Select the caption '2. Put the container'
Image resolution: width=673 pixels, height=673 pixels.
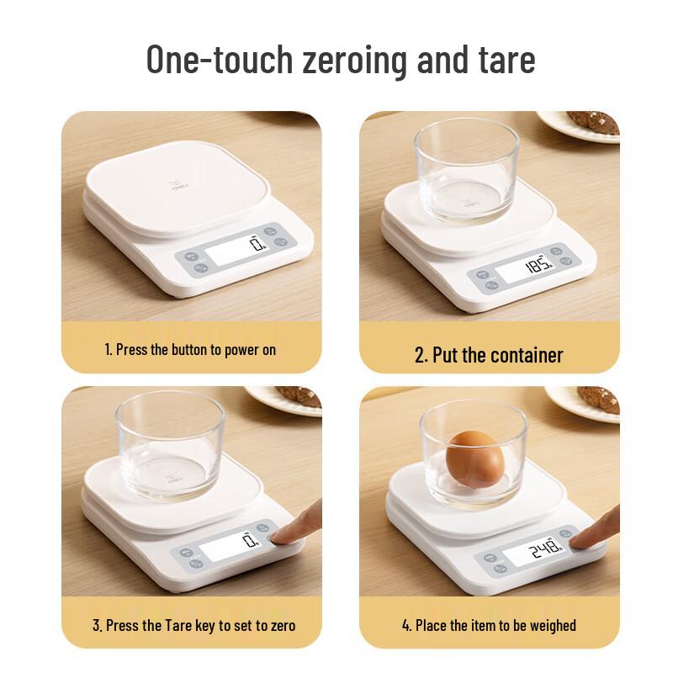[489, 354]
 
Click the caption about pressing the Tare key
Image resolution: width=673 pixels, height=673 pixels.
[194, 625]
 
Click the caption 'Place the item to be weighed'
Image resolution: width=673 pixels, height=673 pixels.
[489, 625]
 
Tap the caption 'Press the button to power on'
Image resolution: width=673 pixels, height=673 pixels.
[190, 348]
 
